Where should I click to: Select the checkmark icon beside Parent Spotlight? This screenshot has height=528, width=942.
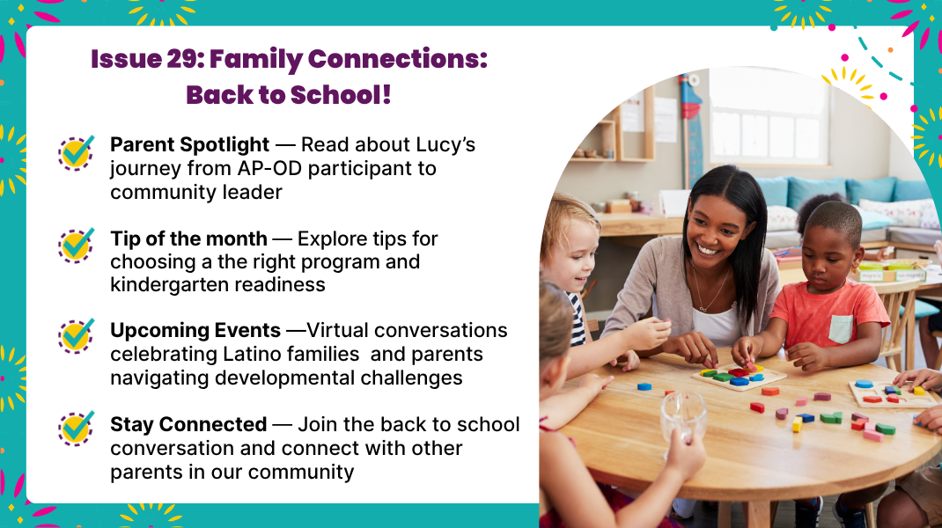click(x=77, y=152)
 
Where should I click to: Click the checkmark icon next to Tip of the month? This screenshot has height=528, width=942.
click(x=77, y=245)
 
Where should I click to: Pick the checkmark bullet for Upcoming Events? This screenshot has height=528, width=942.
click(x=77, y=336)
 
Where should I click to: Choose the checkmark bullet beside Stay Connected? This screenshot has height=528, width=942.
click(x=77, y=429)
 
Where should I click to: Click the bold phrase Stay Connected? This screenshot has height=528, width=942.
click(x=188, y=424)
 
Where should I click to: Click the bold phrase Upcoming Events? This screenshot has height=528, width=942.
click(x=195, y=330)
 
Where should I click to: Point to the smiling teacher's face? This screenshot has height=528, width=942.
click(x=717, y=226)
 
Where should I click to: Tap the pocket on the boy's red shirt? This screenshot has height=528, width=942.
click(x=841, y=328)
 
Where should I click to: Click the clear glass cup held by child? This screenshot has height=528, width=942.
click(x=683, y=415)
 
